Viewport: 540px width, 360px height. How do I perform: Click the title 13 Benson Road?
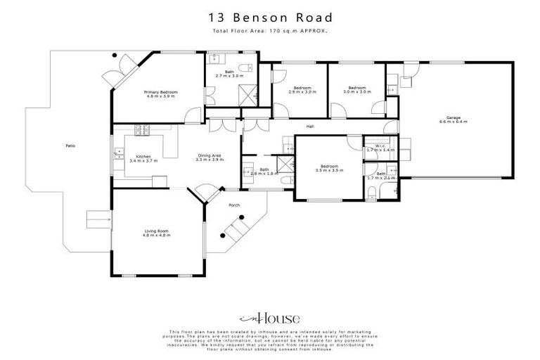coord(270,17)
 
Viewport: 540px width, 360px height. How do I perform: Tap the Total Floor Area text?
coord(270,32)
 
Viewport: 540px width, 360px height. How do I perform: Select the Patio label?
coord(70,146)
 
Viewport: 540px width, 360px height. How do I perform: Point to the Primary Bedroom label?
coord(161,93)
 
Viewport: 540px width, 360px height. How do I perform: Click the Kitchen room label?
coord(143,157)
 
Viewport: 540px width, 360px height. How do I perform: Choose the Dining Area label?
coord(209,157)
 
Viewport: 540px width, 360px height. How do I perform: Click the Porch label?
coord(234,205)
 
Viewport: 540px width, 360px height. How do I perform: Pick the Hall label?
coord(309,127)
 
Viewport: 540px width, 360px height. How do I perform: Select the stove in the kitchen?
coord(143,129)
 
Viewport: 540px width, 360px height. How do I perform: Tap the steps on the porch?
coord(234,227)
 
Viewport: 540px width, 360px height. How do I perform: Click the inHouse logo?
coord(270,318)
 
